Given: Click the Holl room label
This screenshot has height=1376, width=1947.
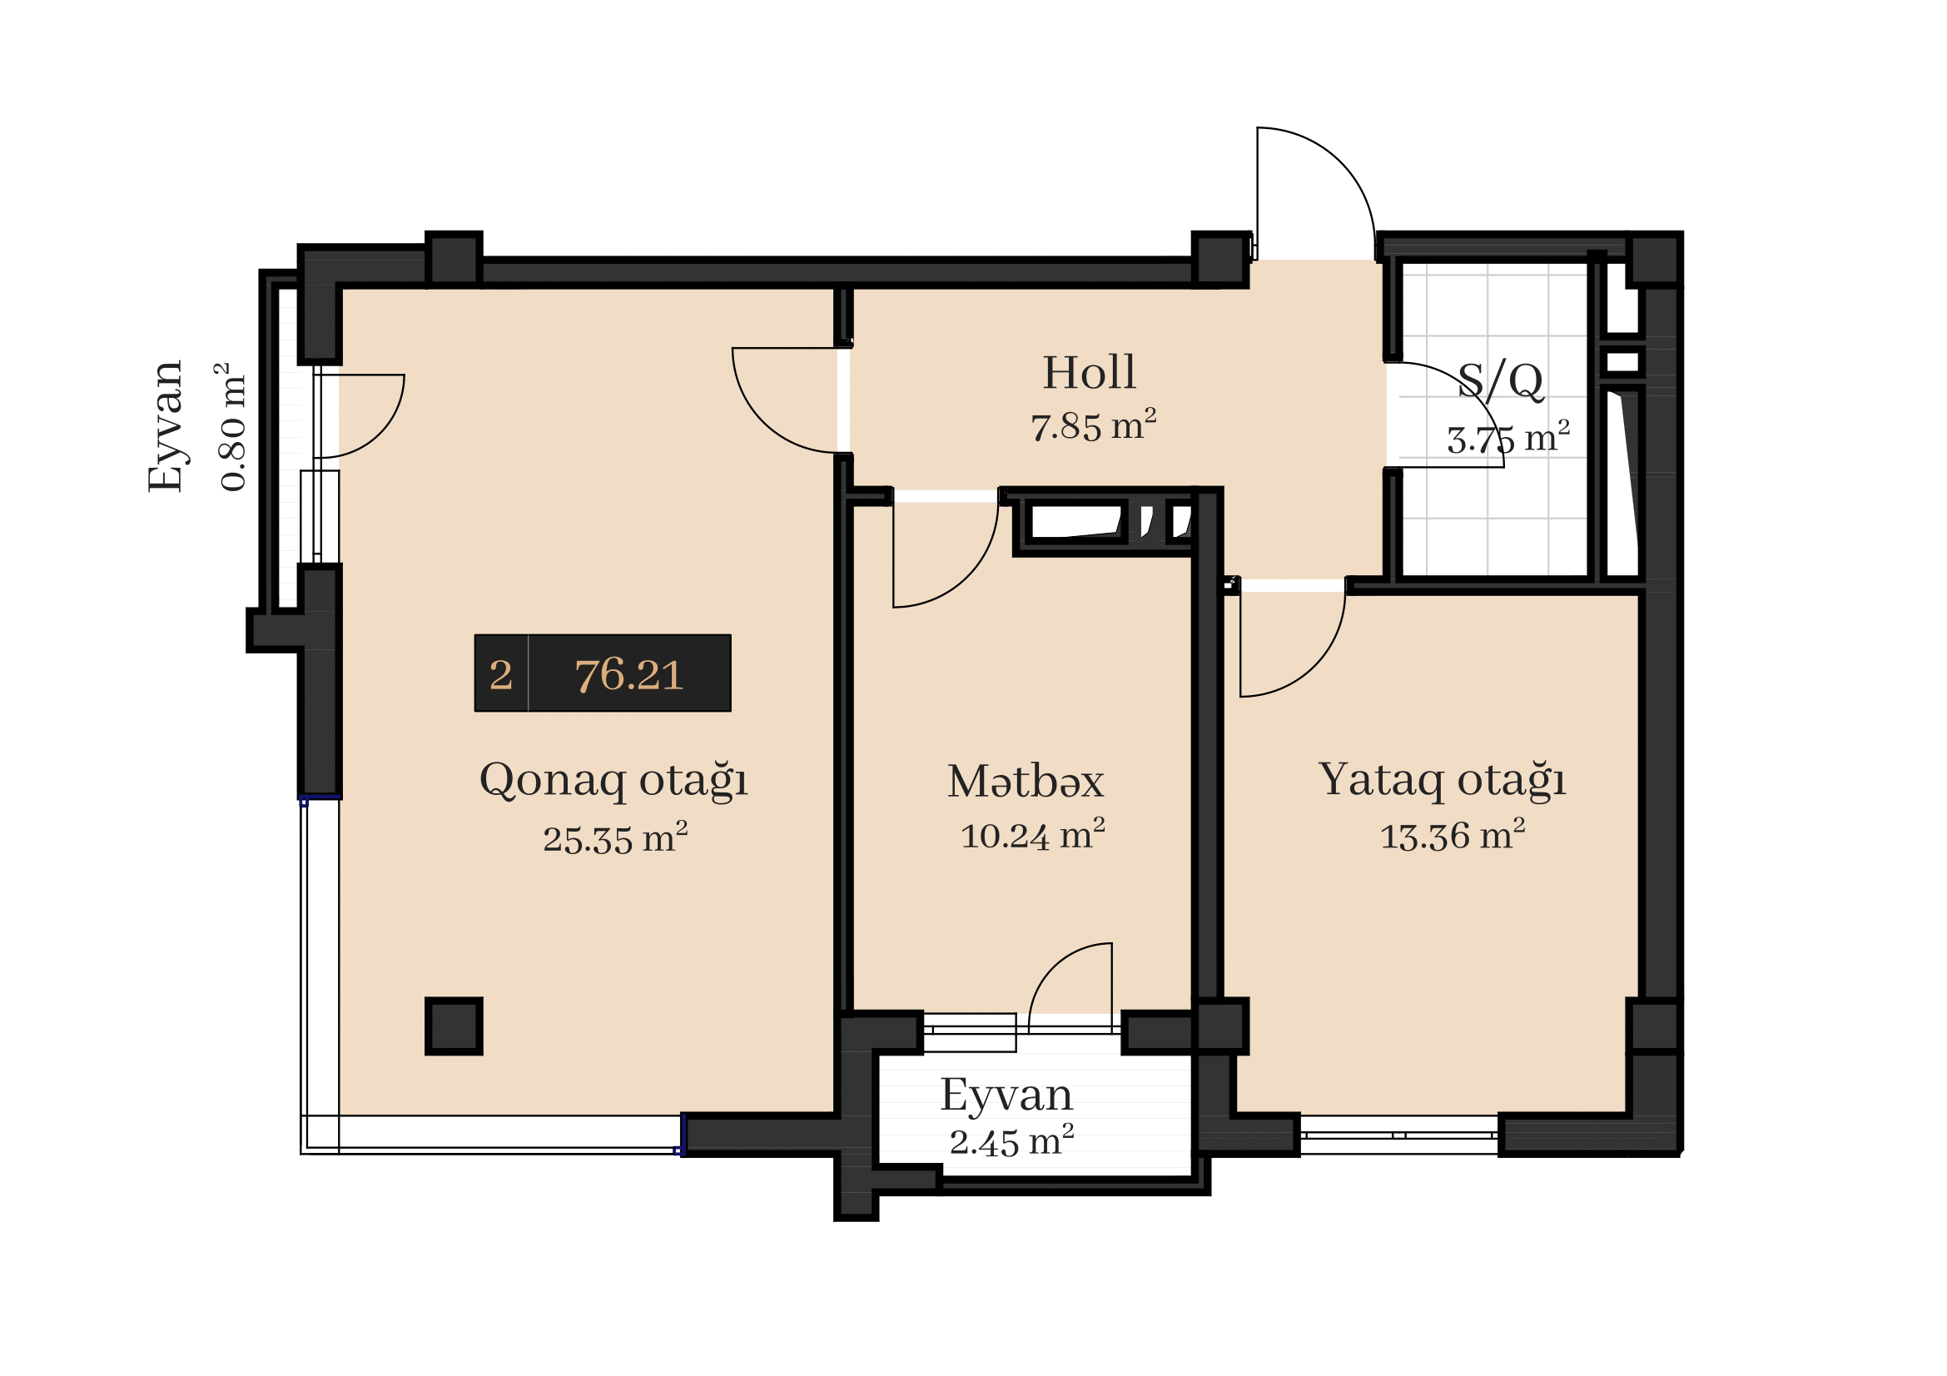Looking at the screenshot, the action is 1089,373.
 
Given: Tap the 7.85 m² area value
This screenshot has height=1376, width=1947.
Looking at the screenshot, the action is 1093,425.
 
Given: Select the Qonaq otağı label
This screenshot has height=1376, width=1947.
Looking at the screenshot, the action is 613,780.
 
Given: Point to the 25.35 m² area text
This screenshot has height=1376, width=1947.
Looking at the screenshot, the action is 615,837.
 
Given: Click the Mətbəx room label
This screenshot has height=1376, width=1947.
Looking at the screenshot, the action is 1026,781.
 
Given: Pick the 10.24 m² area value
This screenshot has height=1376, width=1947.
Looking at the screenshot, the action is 1032,834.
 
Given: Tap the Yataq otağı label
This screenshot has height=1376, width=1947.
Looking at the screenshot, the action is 1442,780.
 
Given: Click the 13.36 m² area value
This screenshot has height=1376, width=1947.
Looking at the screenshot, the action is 1453,834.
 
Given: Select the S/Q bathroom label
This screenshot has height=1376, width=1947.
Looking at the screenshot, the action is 1500,380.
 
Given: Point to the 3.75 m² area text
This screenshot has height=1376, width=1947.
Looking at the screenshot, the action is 1507,437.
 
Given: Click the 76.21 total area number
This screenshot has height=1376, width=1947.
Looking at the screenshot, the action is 628,675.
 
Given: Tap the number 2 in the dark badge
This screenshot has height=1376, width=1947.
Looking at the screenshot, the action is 500,675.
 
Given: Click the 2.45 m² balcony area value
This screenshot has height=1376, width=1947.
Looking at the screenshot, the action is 1011,1140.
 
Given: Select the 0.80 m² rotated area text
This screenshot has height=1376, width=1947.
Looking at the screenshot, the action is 231,427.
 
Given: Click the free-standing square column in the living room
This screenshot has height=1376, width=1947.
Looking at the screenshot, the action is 454,1026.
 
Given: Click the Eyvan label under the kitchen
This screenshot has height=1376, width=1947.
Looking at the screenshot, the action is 1006,1095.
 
